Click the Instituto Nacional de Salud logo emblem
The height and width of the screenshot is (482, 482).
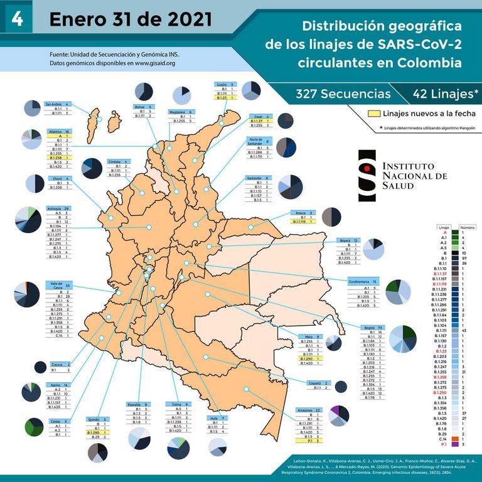tap(368, 175)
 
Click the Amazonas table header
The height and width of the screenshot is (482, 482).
tap(309, 410)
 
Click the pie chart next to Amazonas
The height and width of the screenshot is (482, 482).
tap(340, 415)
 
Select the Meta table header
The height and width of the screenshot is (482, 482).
tap(309, 337)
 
